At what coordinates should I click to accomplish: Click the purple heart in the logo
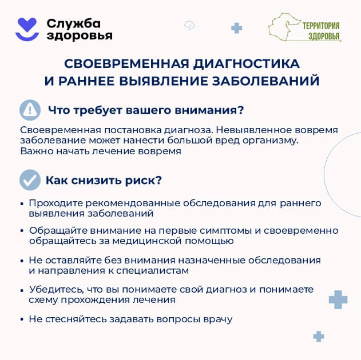[x=27, y=25]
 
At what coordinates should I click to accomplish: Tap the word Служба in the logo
[x=73, y=23]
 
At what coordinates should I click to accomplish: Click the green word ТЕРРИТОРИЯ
[x=321, y=26]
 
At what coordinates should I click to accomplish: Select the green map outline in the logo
[x=285, y=27]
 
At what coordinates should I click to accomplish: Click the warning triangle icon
[x=30, y=110]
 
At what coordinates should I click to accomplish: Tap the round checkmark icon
[x=30, y=180]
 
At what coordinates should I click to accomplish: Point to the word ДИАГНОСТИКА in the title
[x=247, y=63]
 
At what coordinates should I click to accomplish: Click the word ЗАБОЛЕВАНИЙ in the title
[x=265, y=81]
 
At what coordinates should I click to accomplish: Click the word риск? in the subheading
[x=144, y=181]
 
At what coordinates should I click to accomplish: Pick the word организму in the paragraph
[x=271, y=141]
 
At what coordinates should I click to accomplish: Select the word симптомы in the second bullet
[x=225, y=231]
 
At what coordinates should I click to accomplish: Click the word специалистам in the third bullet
[x=152, y=271]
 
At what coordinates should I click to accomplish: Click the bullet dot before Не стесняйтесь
[x=22, y=319]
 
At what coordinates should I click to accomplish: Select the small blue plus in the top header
[x=236, y=28]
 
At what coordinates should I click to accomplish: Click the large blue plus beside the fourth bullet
[x=338, y=299]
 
